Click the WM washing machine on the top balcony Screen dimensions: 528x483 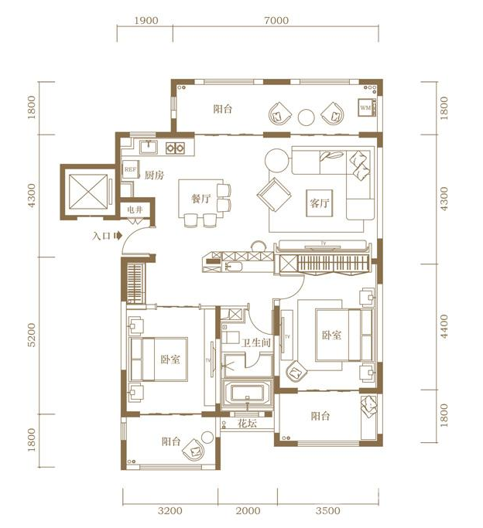(x=365, y=108)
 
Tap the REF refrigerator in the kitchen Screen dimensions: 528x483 (x=130, y=170)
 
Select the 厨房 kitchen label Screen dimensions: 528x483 (x=154, y=175)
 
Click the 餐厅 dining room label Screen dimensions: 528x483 (x=201, y=199)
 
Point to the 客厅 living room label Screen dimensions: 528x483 (x=320, y=203)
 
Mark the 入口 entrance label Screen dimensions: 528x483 (x=101, y=237)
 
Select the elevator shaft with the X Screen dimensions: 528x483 (x=86, y=190)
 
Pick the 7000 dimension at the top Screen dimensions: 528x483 (x=275, y=21)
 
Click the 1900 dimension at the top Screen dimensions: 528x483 (x=146, y=21)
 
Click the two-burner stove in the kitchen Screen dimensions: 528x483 (x=174, y=147)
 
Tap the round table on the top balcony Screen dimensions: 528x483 (x=307, y=117)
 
